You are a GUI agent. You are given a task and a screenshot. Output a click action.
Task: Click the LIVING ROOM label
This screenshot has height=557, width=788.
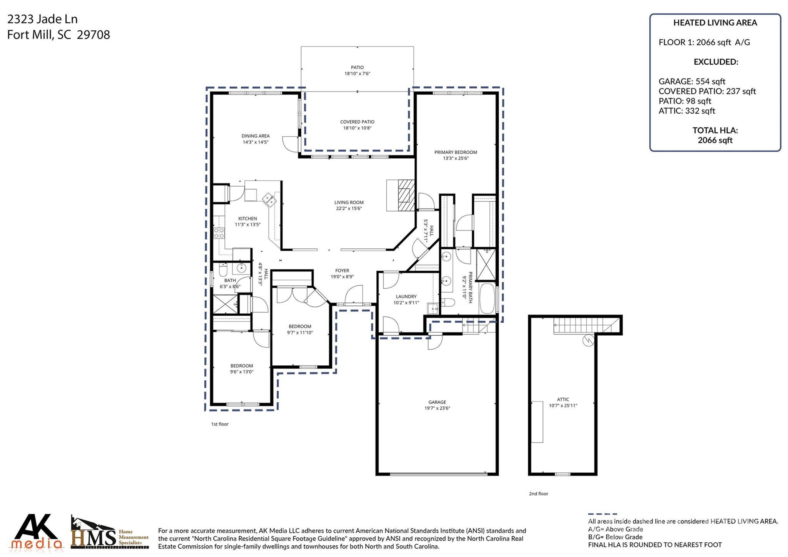349,202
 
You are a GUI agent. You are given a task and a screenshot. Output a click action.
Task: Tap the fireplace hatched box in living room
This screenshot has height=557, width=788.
406,195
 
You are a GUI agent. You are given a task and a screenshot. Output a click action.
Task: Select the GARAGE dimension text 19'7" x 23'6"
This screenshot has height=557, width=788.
437,408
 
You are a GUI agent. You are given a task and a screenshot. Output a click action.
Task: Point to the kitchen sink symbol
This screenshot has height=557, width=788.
269,199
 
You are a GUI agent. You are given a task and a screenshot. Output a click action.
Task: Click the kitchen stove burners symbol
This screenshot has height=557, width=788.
219,233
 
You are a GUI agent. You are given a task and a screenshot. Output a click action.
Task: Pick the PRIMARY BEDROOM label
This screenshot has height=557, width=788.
456,152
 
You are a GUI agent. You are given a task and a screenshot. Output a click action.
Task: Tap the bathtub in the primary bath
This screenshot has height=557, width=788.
487,299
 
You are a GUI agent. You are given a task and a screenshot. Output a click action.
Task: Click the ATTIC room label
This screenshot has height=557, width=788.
563,399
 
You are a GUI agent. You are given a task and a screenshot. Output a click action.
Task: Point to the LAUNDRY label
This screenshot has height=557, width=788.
406,296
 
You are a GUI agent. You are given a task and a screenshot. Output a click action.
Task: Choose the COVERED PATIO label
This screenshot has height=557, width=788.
357,122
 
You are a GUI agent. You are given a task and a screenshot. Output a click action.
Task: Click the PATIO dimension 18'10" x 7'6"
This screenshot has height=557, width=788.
357,74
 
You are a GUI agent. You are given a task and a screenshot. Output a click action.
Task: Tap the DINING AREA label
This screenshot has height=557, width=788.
255,136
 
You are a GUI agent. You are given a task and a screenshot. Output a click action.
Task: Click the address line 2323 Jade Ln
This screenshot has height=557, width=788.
42,19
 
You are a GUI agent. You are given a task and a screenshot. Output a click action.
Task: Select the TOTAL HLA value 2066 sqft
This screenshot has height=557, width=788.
715,140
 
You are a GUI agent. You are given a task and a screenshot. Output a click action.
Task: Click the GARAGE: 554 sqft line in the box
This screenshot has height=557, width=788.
691,81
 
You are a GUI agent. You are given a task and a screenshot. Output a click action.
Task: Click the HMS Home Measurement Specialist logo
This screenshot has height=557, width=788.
109,533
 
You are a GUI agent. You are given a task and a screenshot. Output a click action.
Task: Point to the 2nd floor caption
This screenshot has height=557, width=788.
538,493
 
